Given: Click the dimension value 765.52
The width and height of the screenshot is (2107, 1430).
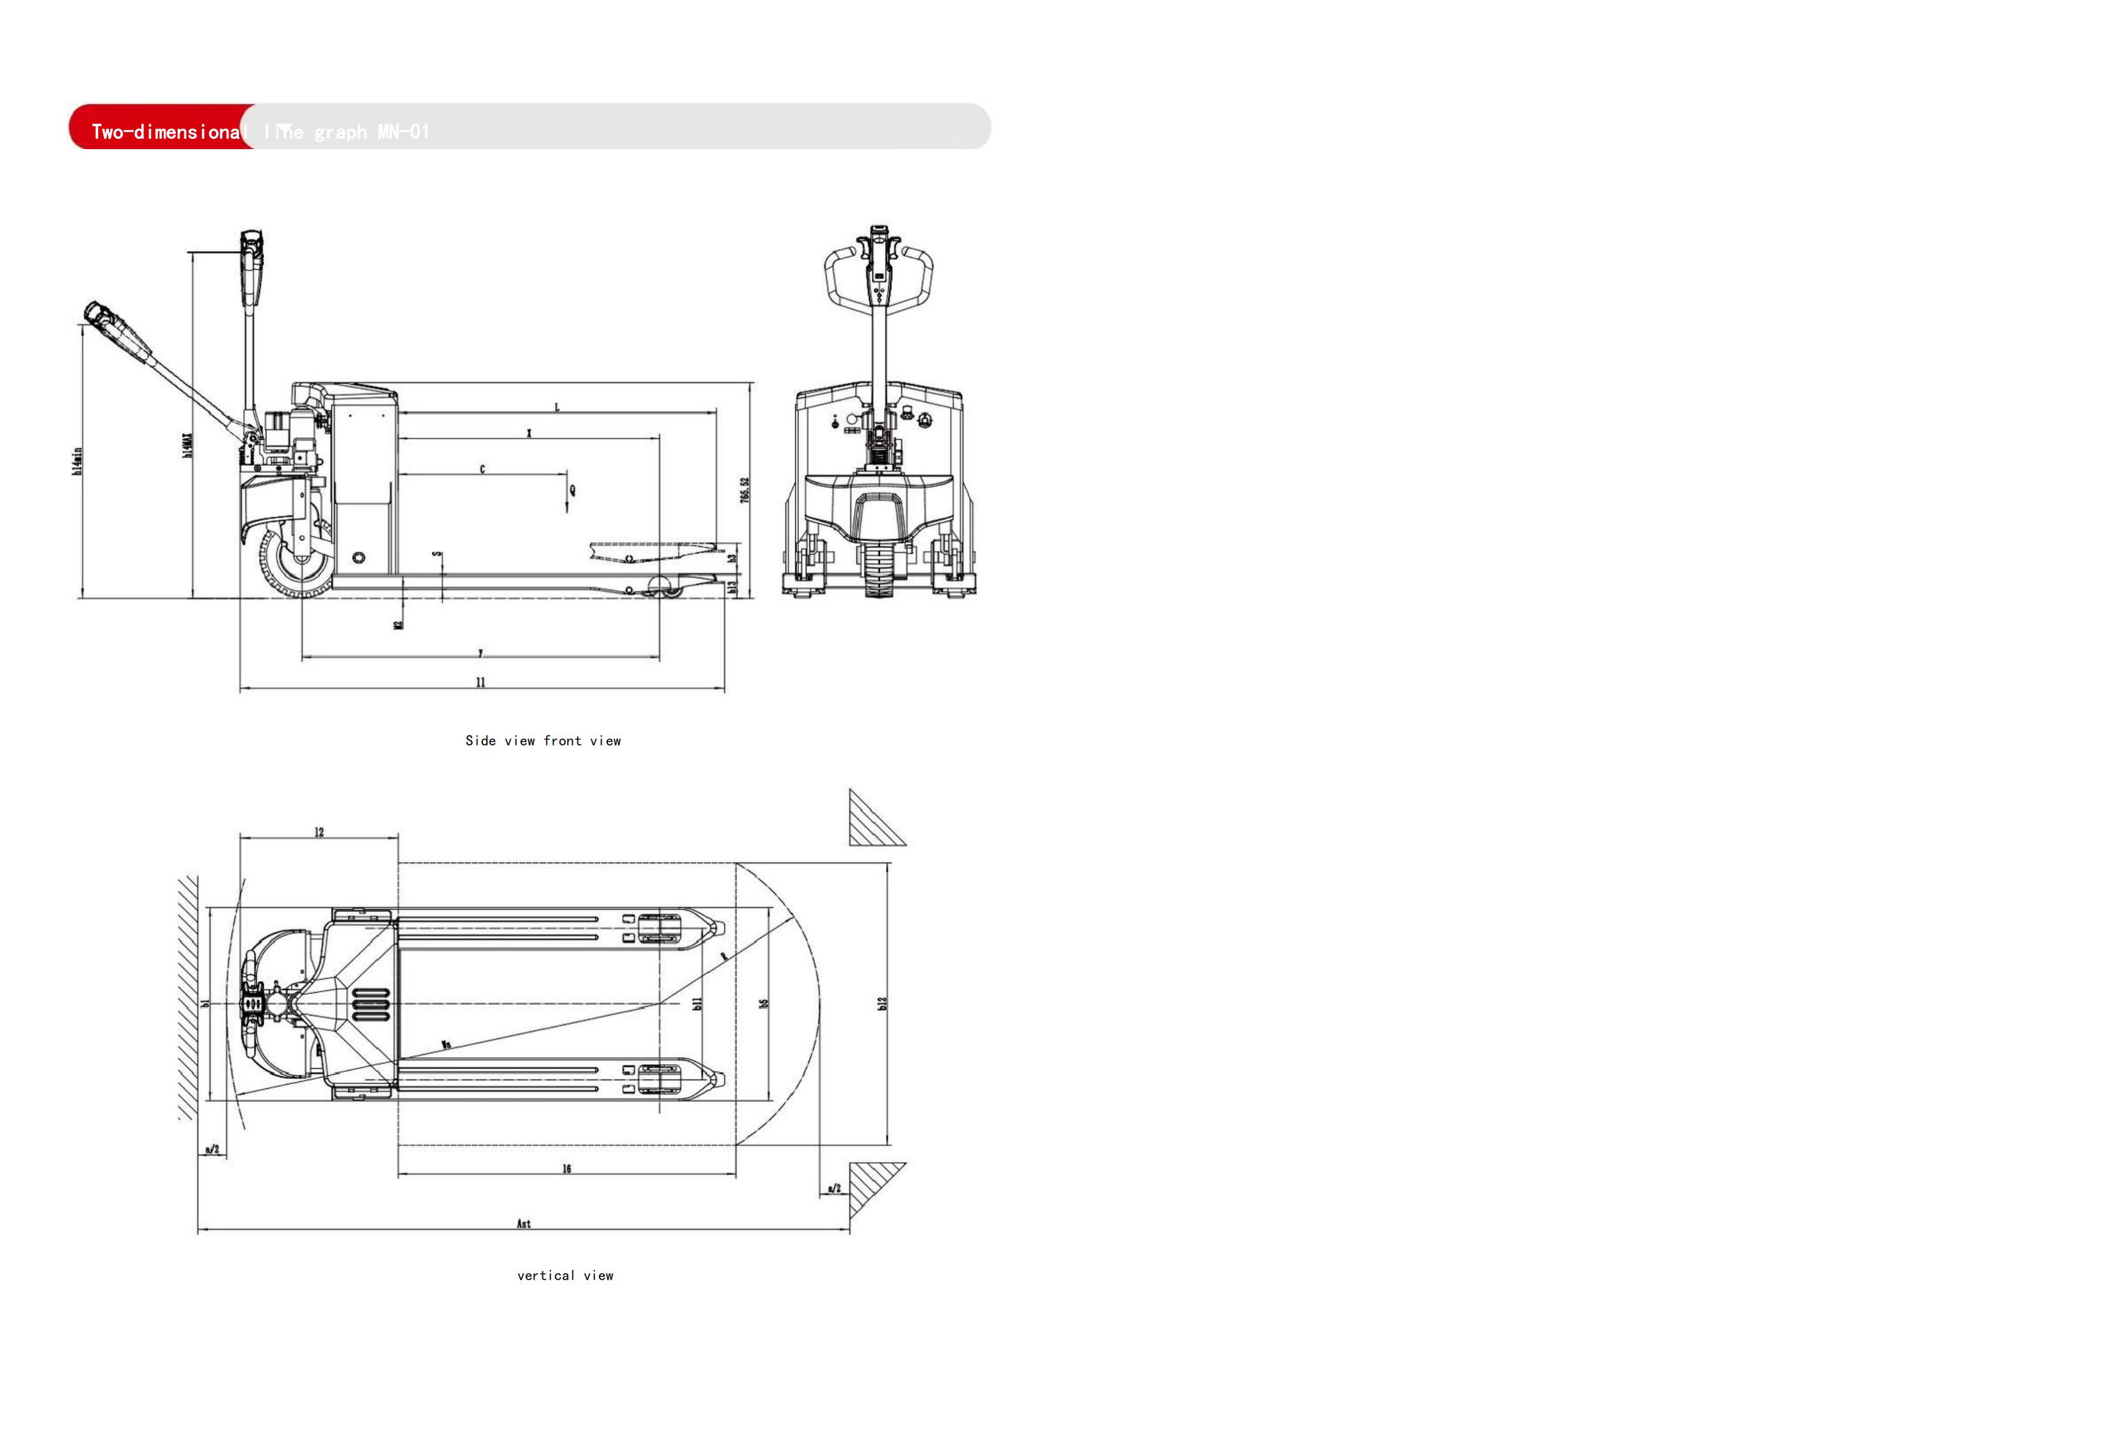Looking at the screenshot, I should pyautogui.click(x=745, y=491).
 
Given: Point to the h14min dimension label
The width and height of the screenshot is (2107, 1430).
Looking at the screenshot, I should pyautogui.click(x=78, y=461).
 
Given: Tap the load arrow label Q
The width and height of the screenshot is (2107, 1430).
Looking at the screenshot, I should pyautogui.click(x=572, y=491).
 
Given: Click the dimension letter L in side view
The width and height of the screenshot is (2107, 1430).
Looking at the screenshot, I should pyautogui.click(x=557, y=407).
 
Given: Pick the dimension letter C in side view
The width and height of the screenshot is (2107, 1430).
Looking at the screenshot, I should pyautogui.click(x=482, y=469).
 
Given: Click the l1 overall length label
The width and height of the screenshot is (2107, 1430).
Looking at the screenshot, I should pyautogui.click(x=480, y=682).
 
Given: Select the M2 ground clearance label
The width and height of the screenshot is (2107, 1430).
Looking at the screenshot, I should pyautogui.click(x=398, y=625).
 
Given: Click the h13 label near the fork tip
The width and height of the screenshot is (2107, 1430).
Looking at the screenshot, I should pyautogui.click(x=733, y=588).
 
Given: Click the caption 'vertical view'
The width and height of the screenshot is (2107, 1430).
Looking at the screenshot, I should pyautogui.click(x=565, y=1276).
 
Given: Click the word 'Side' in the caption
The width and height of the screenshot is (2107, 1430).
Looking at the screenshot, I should pyautogui.click(x=480, y=741).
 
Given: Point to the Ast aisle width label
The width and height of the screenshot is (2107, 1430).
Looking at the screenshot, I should pyautogui.click(x=524, y=1224).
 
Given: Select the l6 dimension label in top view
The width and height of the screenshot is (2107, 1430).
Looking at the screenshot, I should pyautogui.click(x=566, y=1169).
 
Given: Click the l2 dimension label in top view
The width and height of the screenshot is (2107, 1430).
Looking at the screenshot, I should pyautogui.click(x=319, y=832).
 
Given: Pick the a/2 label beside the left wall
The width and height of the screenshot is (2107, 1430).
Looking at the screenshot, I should pyautogui.click(x=212, y=1149).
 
